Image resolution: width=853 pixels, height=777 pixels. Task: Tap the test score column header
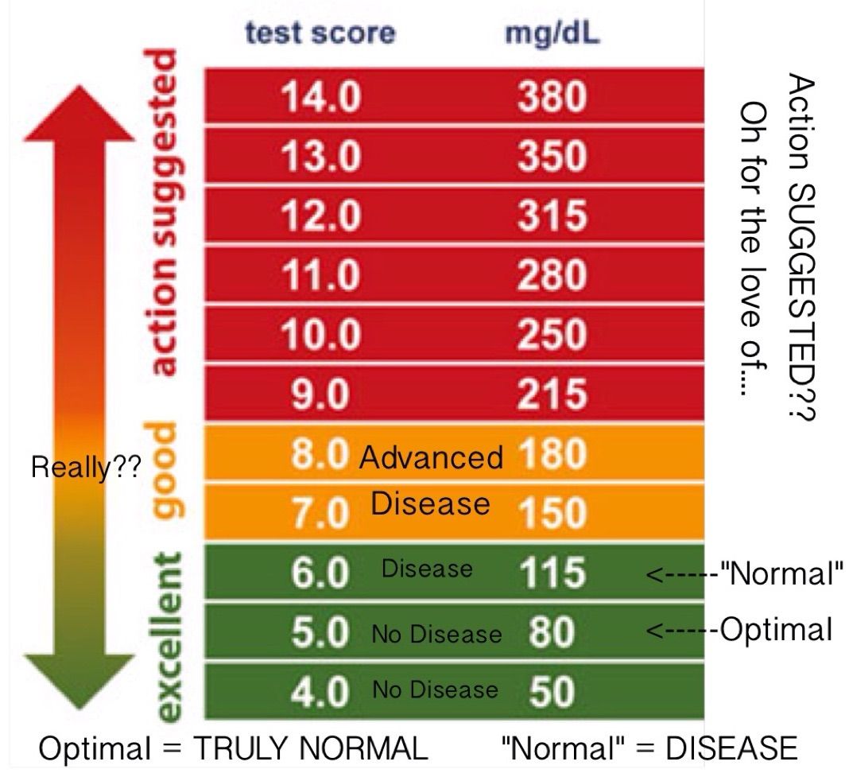[320, 33]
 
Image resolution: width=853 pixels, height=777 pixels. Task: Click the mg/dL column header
[552, 34]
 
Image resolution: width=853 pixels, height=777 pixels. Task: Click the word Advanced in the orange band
[431, 457]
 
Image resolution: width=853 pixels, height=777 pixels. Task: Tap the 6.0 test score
[320, 573]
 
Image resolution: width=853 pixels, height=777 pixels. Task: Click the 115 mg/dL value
[553, 573]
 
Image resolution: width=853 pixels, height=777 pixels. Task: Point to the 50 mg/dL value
[552, 690]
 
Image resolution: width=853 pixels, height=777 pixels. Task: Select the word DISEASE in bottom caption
[731, 748]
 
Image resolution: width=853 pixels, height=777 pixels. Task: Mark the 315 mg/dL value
[553, 216]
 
